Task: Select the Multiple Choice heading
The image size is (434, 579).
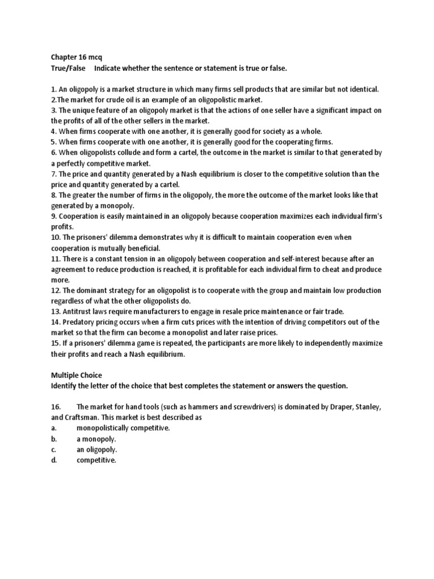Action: point(76,375)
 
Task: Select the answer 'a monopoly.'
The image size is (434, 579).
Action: point(96,439)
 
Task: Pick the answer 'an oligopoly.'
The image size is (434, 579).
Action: point(97,450)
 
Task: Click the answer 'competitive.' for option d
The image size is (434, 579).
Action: point(96,461)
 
